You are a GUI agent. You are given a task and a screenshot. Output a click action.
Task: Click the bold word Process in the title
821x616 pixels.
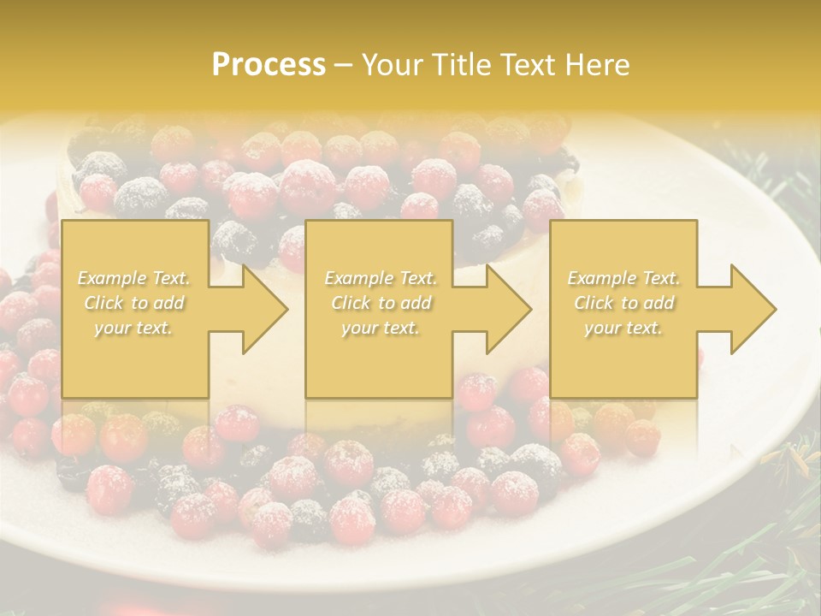click(269, 65)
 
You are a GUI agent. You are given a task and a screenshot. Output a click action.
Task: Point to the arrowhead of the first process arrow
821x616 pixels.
click(261, 309)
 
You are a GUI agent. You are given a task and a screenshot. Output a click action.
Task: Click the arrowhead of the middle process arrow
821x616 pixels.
click(505, 309)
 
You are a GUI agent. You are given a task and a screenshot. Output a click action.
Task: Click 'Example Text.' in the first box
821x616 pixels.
click(133, 278)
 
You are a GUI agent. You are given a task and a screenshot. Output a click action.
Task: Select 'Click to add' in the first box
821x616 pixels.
click(133, 303)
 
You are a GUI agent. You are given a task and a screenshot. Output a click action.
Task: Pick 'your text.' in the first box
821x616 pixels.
click(133, 328)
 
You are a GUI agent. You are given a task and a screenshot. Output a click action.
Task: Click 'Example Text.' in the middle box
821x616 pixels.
click(380, 278)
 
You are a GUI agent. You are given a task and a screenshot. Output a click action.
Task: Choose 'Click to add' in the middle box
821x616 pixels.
click(380, 303)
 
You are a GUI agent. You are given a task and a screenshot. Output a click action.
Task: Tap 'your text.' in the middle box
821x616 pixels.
click(380, 328)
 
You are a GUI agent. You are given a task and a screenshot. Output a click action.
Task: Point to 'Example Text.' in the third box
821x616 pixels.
click(623, 278)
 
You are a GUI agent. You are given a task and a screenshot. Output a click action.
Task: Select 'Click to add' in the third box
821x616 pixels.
click(623, 303)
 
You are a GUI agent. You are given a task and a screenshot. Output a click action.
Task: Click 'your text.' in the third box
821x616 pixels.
click(623, 328)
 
